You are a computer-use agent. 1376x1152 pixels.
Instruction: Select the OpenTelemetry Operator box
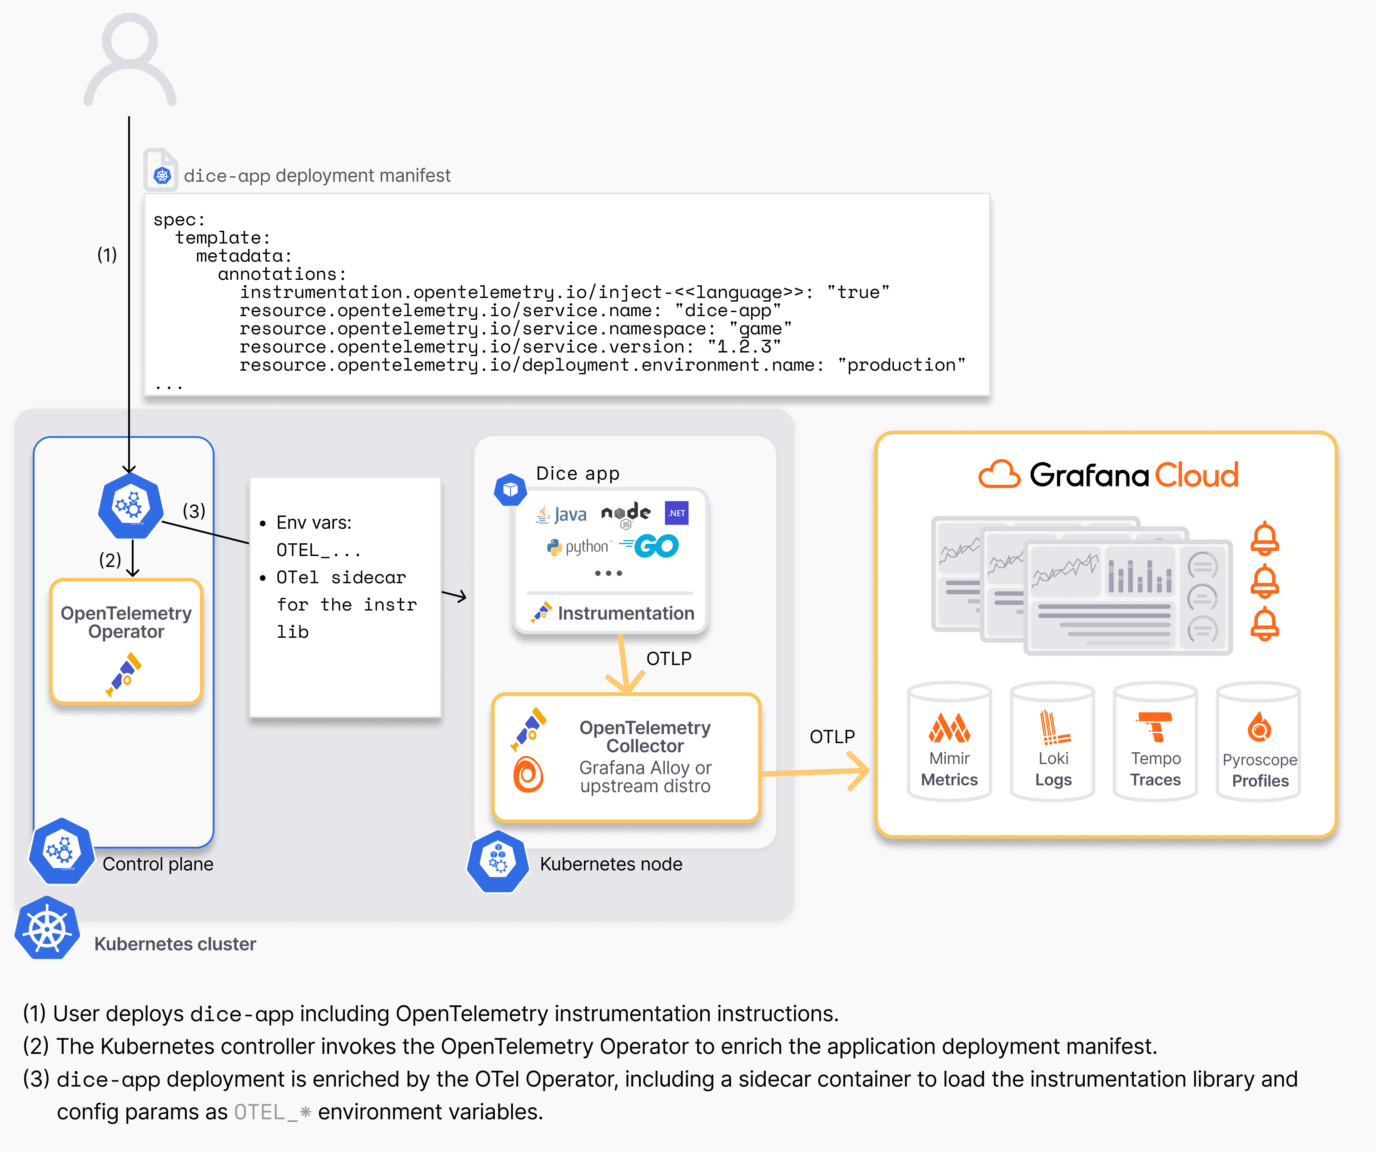pyautogui.click(x=126, y=641)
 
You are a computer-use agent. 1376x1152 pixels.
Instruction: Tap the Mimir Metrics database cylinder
pyautogui.click(x=949, y=742)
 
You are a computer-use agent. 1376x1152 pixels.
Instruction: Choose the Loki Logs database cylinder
pyautogui.click(x=1052, y=742)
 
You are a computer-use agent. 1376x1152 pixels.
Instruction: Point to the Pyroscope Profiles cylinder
pyautogui.click(x=1259, y=742)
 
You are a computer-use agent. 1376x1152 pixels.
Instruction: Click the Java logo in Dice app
pyautogui.click(x=562, y=515)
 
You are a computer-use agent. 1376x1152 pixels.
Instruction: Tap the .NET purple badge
pyautogui.click(x=676, y=513)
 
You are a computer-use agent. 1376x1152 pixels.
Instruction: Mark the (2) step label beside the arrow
pyautogui.click(x=110, y=560)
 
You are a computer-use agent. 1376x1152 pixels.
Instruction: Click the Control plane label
pyautogui.click(x=158, y=864)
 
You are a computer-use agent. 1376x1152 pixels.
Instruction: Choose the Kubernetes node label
pyautogui.click(x=611, y=864)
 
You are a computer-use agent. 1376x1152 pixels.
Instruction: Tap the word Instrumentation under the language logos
pyautogui.click(x=626, y=613)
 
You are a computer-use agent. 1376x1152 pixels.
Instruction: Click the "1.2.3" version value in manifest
pyautogui.click(x=744, y=347)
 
